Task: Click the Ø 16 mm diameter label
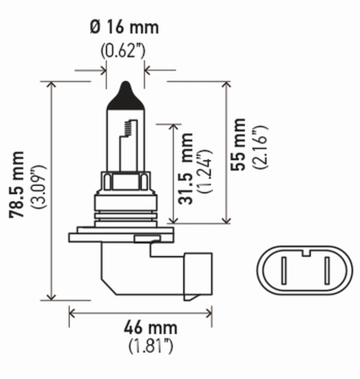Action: pos(124,27)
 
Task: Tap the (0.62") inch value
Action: pos(122,50)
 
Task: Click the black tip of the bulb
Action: pos(126,94)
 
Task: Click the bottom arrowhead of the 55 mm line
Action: pos(227,220)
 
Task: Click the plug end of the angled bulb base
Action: pos(197,275)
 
